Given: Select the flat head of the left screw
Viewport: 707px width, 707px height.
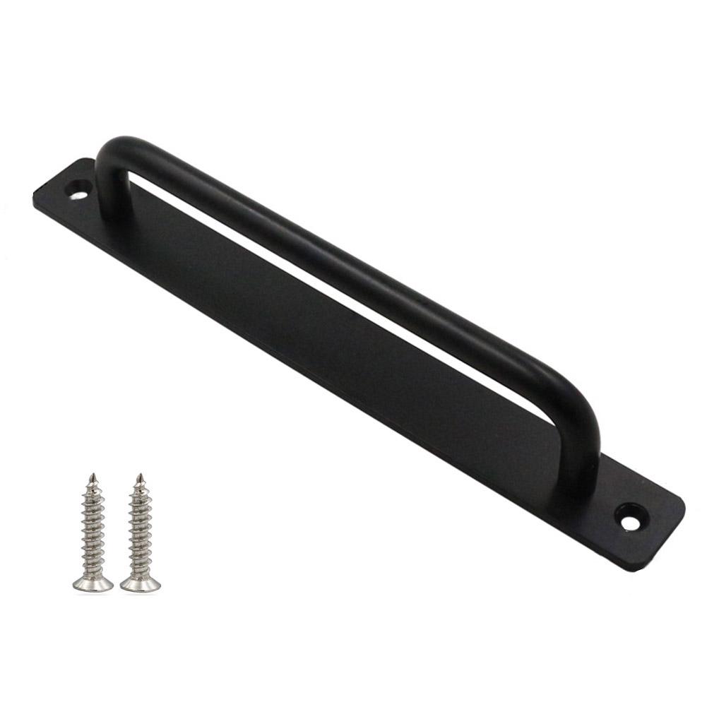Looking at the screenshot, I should click(x=93, y=583).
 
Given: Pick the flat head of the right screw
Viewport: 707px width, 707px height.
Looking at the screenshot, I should click(x=140, y=583).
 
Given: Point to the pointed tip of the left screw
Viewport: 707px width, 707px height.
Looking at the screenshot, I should click(x=91, y=476).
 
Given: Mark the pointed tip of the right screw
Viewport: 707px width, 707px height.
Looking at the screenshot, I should click(x=140, y=476).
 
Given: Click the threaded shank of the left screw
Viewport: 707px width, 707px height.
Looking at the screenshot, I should click(x=92, y=530).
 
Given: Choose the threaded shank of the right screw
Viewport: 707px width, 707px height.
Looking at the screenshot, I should click(x=140, y=530).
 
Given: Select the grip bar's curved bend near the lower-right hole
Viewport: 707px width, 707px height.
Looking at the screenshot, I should click(x=579, y=410).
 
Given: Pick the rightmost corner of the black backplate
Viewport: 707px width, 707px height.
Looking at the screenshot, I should click(x=683, y=505).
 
